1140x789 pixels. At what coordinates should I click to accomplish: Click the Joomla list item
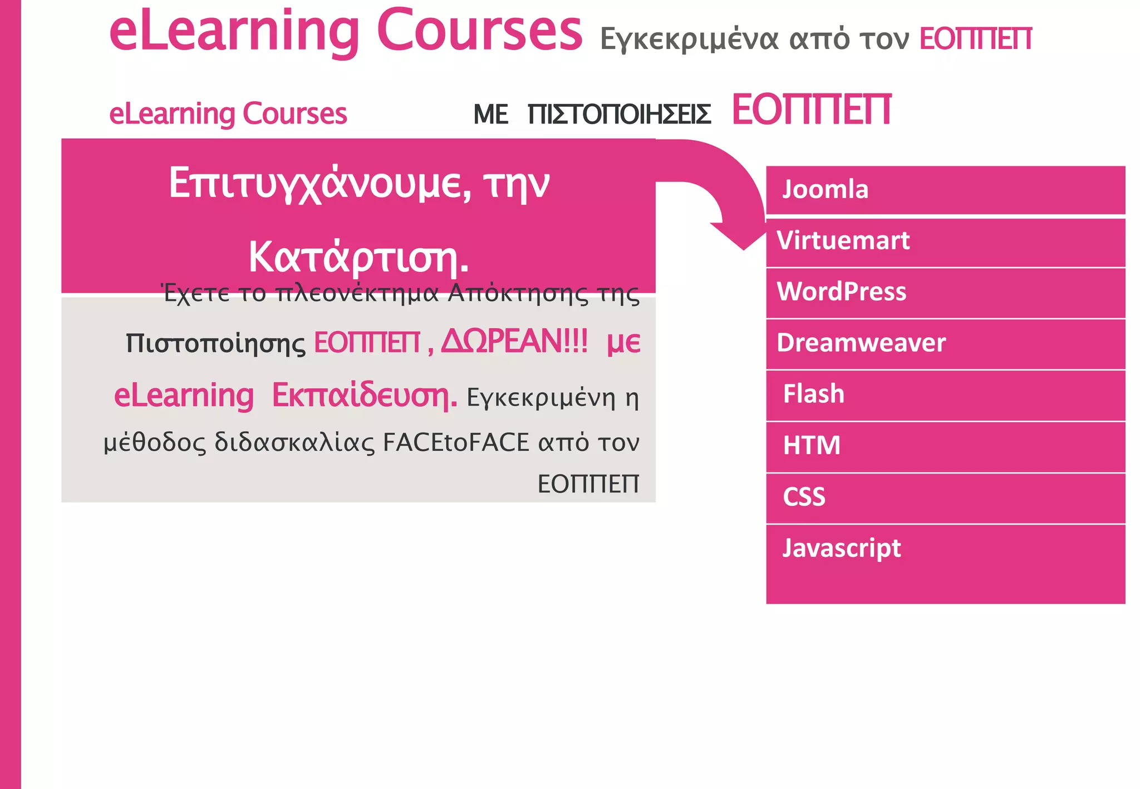825,190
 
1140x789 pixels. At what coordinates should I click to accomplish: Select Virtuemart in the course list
843,241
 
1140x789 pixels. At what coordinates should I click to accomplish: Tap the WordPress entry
841,292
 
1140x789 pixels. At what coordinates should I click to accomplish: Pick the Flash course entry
813,394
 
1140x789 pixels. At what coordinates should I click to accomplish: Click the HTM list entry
811,446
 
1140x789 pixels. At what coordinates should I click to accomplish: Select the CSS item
804,497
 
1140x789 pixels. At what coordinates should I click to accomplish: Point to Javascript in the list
841,549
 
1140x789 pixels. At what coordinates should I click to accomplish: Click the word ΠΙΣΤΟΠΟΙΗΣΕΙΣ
619,115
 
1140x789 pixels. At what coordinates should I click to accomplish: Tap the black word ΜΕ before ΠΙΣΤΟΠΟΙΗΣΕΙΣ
490,115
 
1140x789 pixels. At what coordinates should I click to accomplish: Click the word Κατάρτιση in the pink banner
358,258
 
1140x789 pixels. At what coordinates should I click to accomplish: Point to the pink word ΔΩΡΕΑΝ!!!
514,342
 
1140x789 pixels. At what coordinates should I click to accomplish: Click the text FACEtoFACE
456,443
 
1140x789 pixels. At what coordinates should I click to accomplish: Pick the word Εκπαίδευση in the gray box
364,396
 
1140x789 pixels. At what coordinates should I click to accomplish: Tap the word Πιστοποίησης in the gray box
215,344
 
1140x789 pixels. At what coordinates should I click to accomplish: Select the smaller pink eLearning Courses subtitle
228,114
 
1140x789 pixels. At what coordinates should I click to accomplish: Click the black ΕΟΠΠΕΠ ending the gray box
588,484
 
